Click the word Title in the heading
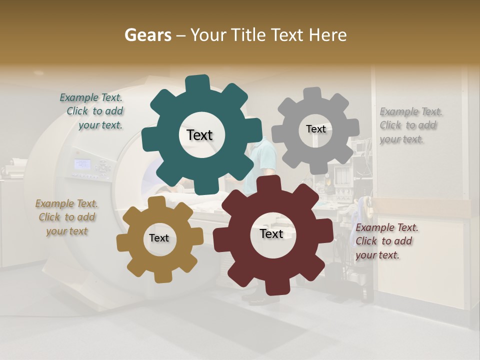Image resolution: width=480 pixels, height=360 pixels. pyautogui.click(x=250, y=35)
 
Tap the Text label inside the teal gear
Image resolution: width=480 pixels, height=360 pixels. pyautogui.click(x=199, y=135)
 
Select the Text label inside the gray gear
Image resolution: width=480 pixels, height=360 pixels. pyautogui.click(x=315, y=129)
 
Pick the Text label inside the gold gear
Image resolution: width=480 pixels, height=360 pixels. pyautogui.click(x=159, y=238)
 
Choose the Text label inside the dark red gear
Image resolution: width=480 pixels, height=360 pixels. pyautogui.click(x=271, y=234)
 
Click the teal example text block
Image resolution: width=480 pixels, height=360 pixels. pyautogui.click(x=91, y=111)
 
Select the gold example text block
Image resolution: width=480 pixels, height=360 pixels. pyautogui.click(x=66, y=217)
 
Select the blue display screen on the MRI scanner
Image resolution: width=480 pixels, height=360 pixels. pyautogui.click(x=82, y=164)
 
